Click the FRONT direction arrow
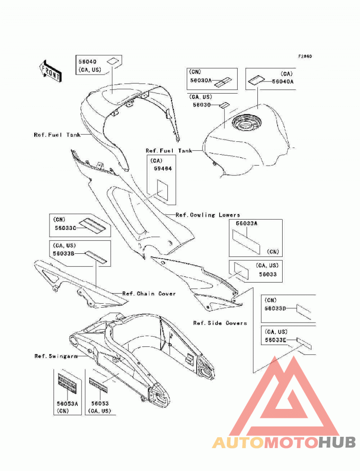pos(50,71)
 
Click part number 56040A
pos(283,81)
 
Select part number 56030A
pos(201,81)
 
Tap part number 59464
pos(163,169)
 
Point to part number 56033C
pos(65,228)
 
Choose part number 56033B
pos(63,254)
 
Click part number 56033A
pos(247,224)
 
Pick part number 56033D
pos(275,309)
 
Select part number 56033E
pos(275,341)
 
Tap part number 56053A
pos(67,404)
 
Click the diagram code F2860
pos(305,56)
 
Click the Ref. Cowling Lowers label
pos(208,215)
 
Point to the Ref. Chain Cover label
pos(149,293)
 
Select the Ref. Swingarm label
pos(56,356)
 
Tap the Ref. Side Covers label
pos(220,323)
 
